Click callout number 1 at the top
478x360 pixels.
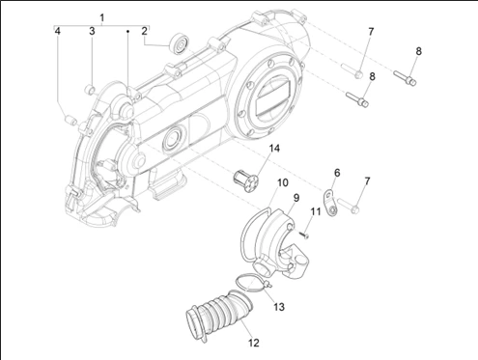(x=102, y=17)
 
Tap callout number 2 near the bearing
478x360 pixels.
(x=144, y=31)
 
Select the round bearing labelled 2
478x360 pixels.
(x=180, y=43)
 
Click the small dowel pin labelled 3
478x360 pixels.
(x=90, y=90)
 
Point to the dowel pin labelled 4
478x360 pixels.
(x=71, y=120)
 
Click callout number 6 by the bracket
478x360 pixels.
(x=337, y=173)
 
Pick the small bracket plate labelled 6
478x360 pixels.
(x=330, y=203)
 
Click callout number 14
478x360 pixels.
(x=274, y=149)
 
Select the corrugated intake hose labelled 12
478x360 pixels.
(x=219, y=312)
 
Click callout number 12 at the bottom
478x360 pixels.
(x=254, y=343)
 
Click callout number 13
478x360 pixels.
(x=279, y=307)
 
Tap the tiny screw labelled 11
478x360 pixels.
(x=305, y=235)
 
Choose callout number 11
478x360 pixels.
(x=316, y=211)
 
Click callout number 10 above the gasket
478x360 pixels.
(x=283, y=182)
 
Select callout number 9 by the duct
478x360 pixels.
(x=296, y=198)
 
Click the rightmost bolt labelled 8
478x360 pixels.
(x=405, y=78)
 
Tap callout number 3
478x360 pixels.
(x=92, y=31)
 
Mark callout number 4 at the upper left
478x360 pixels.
(x=57, y=31)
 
